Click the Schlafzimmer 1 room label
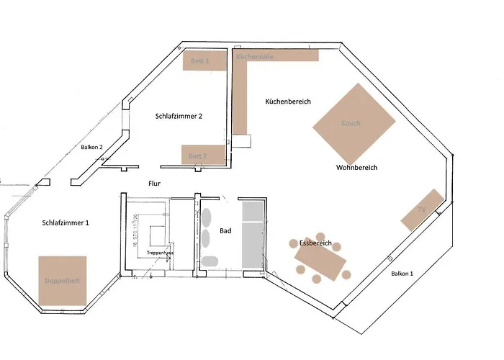[66, 223]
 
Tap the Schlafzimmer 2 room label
[179, 116]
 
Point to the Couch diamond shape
[354, 124]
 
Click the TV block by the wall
[422, 210]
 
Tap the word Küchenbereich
[287, 102]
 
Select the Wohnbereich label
[356, 168]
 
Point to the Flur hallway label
[154, 184]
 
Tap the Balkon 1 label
[402, 274]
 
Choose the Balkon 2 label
[91, 147]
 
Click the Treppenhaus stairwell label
[158, 253]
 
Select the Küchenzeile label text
[254, 55]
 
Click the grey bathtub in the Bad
[253, 236]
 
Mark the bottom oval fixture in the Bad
[209, 261]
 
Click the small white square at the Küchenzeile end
[243, 141]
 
